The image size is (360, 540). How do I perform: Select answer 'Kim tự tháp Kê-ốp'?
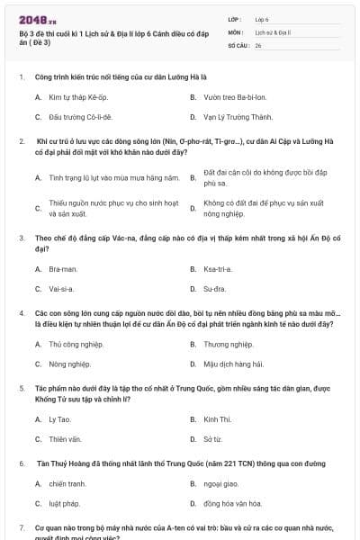(78, 95)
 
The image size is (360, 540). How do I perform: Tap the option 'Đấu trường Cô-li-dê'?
(80, 117)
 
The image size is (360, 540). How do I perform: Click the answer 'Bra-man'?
(63, 268)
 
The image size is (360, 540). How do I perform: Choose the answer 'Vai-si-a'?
(61, 290)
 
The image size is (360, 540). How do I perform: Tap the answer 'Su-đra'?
(214, 290)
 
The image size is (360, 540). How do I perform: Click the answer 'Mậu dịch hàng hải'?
(233, 364)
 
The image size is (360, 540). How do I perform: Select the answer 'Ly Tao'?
(59, 418)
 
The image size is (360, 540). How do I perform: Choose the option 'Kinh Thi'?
(218, 418)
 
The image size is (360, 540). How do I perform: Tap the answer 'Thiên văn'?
(65, 439)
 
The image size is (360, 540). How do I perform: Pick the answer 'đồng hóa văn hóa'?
(232, 504)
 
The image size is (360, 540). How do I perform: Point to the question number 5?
(21, 387)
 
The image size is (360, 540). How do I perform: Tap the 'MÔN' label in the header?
(235, 31)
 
